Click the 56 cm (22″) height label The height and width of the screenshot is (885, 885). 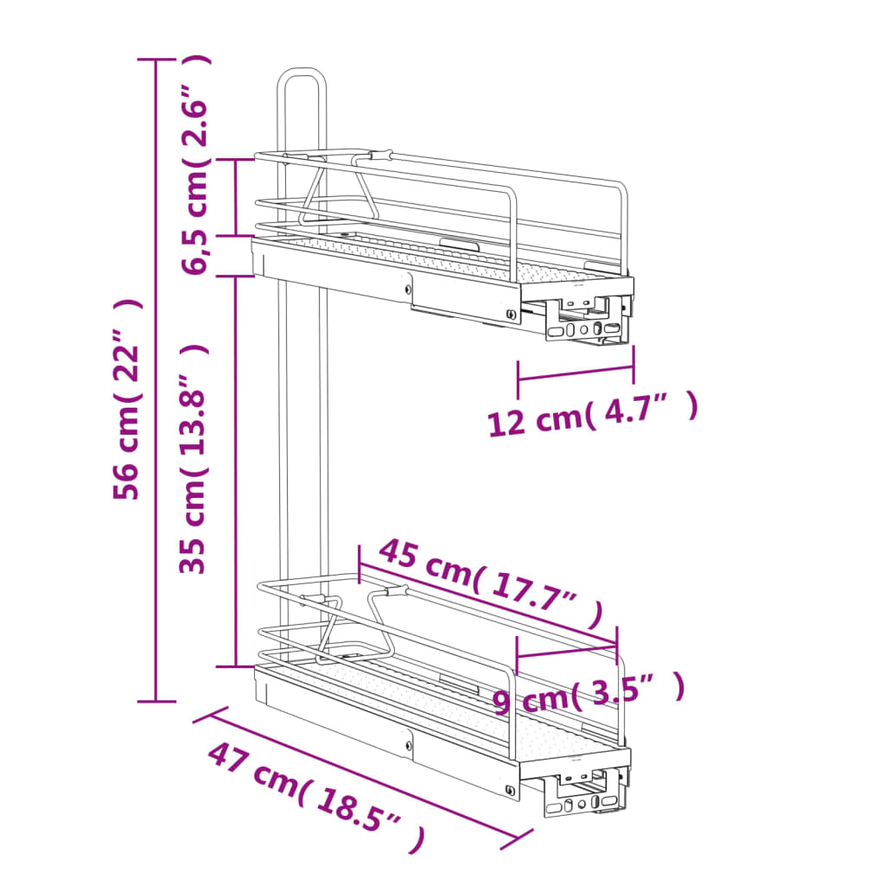[x=126, y=399]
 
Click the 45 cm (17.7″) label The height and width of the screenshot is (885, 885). [x=491, y=583]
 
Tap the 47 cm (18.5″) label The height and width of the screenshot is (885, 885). [x=316, y=797]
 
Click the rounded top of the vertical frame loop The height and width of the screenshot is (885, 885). [x=302, y=70]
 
